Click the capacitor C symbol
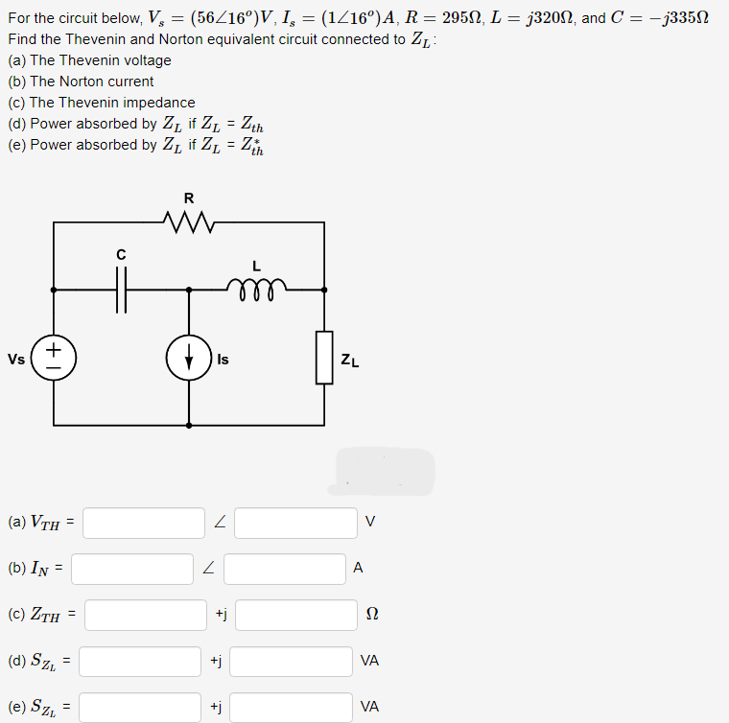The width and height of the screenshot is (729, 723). (121, 289)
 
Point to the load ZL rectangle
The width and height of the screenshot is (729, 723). (324, 358)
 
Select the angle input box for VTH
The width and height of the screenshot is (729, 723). (295, 523)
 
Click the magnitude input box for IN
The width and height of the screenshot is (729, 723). (131, 569)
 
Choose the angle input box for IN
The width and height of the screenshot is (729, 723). (285, 569)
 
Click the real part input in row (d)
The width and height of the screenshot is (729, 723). (140, 661)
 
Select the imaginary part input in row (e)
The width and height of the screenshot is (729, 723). (292, 708)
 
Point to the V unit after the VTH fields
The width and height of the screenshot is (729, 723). (370, 523)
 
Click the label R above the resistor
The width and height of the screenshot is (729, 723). (188, 199)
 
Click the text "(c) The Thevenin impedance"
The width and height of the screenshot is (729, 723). (102, 103)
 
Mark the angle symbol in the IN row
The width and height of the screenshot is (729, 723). (209, 569)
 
